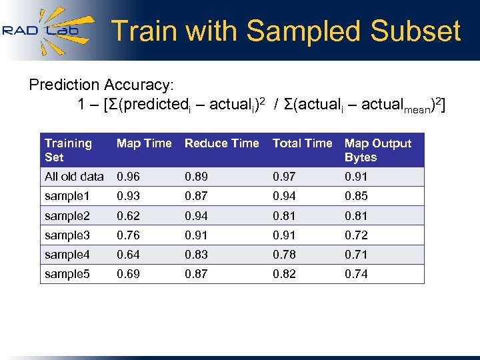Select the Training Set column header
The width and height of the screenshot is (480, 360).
pyautogui.click(x=68, y=150)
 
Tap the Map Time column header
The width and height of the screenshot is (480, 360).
pyautogui.click(x=144, y=143)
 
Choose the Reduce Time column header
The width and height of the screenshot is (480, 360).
pyautogui.click(x=221, y=143)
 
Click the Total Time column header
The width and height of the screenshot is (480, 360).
pyautogui.click(x=302, y=143)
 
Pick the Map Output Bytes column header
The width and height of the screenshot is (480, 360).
pyautogui.click(x=378, y=150)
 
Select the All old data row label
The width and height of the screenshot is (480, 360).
pyautogui.click(x=74, y=177)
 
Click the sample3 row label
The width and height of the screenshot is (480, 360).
pyautogui.click(x=67, y=235)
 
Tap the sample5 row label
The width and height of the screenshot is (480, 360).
pyautogui.click(x=67, y=274)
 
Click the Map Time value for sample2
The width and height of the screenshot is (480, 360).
pyautogui.click(x=128, y=216)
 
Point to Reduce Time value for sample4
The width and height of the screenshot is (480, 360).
pyautogui.click(x=196, y=255)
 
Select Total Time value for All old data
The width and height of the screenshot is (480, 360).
pyautogui.click(x=284, y=177)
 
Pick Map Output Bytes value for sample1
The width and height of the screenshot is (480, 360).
pyautogui.click(x=356, y=196)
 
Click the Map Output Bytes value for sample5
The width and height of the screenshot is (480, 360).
pyautogui.click(x=356, y=274)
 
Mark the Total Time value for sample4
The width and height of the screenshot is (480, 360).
pyautogui.click(x=284, y=255)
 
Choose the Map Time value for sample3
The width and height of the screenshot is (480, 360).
pyautogui.click(x=128, y=235)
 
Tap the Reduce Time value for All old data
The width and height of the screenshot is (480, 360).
pyautogui.click(x=196, y=177)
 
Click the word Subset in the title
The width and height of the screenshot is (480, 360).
pyautogui.click(x=415, y=31)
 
